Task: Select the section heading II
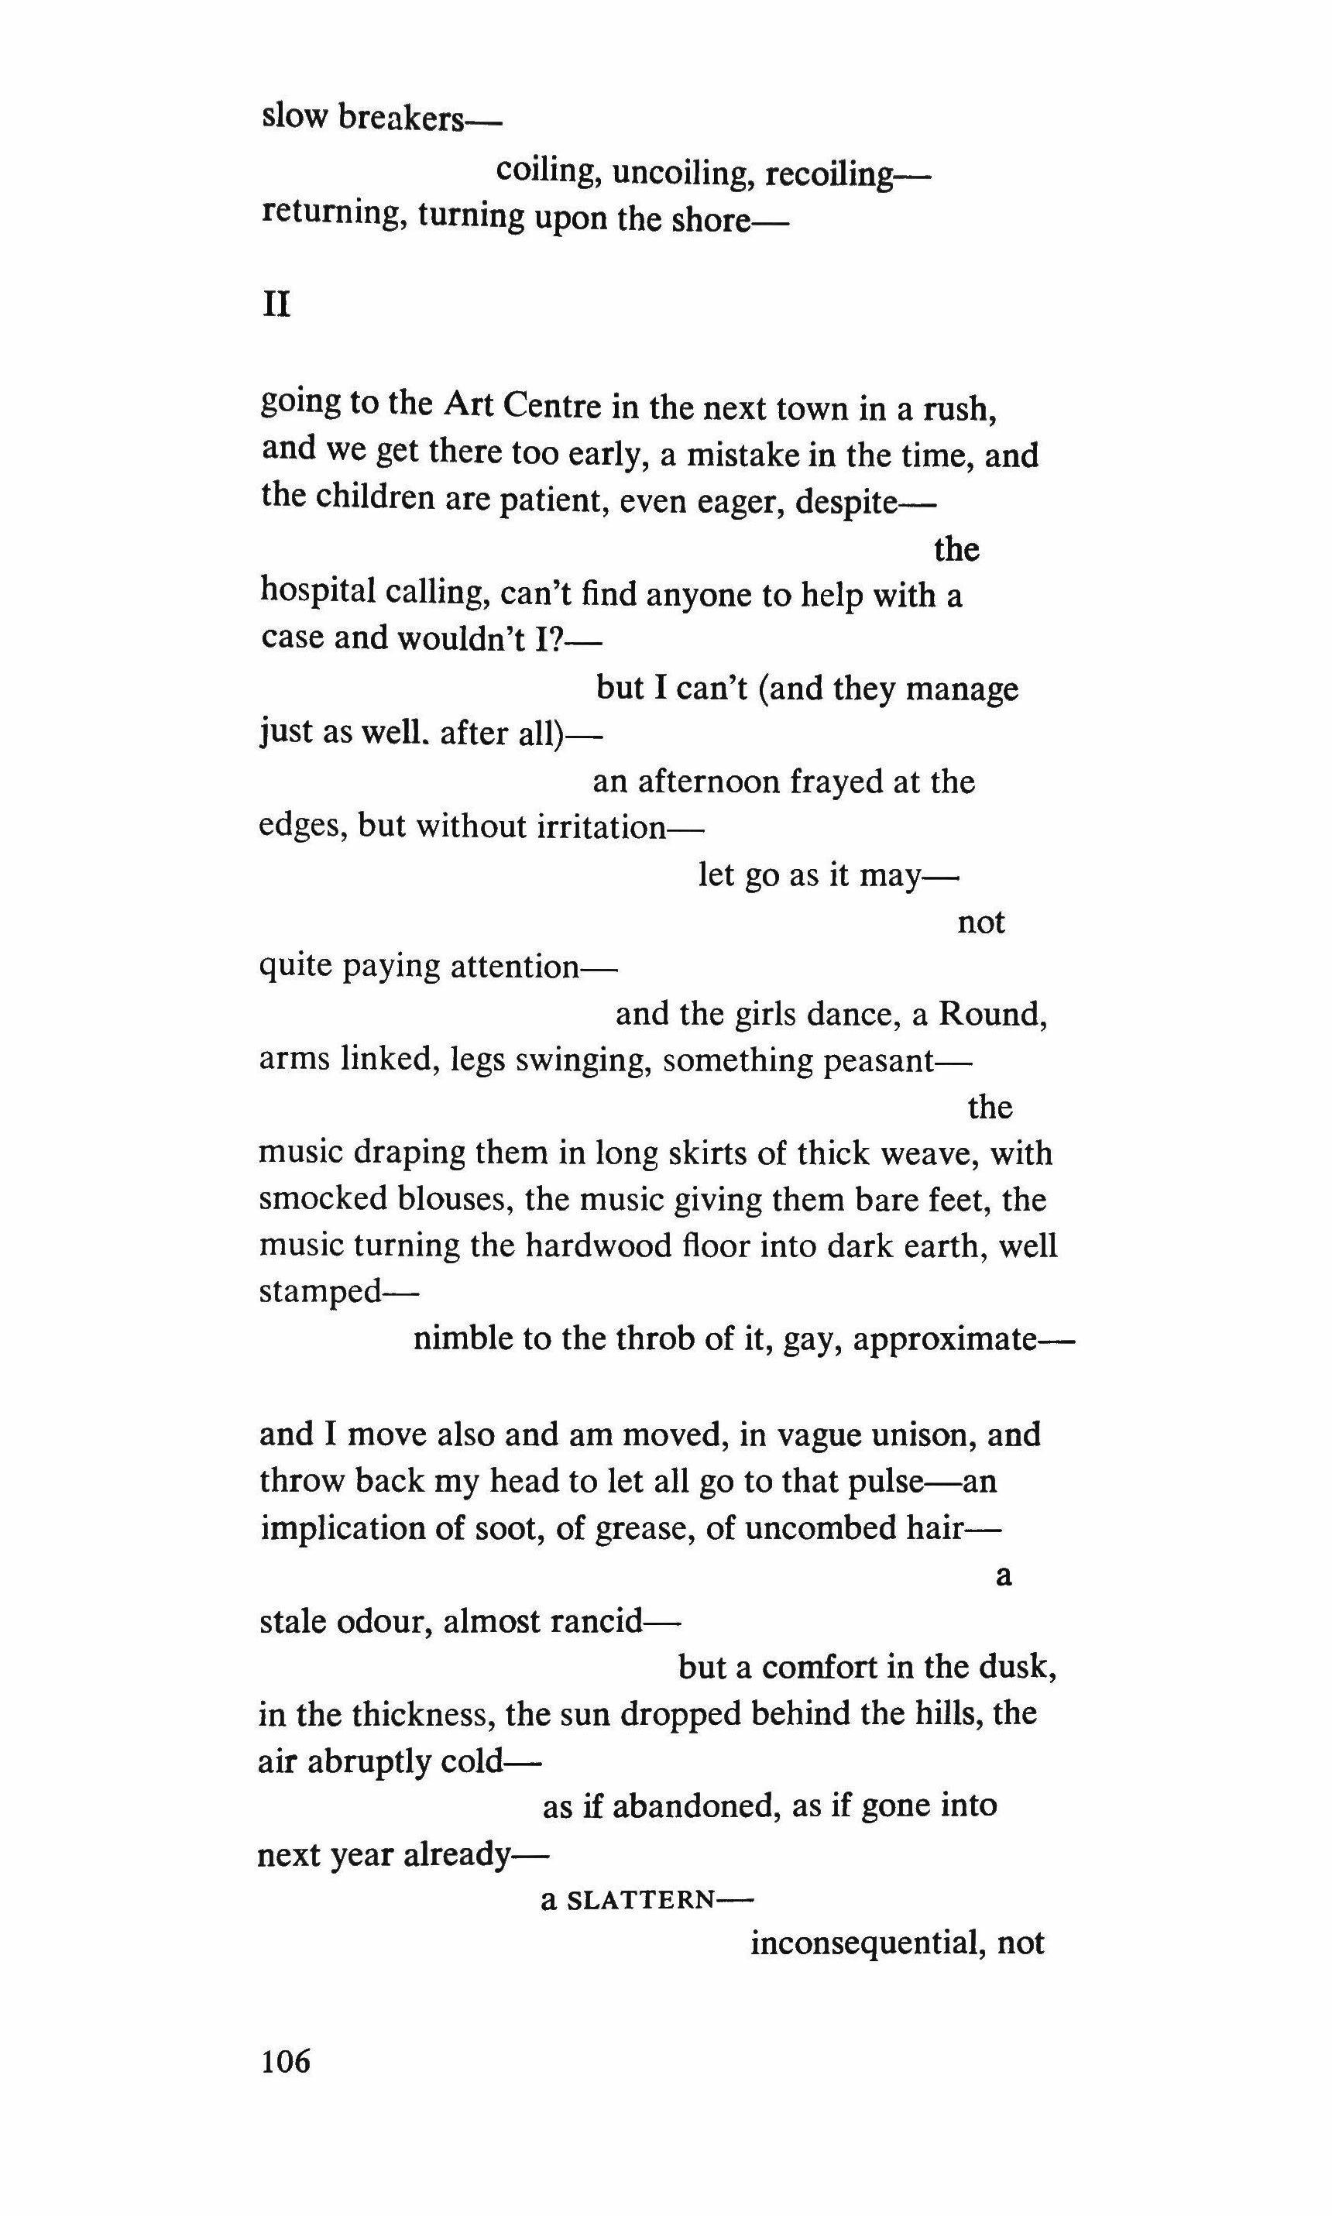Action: [x=276, y=307]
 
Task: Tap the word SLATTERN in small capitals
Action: [x=641, y=1900]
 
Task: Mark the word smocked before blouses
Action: [x=312, y=1199]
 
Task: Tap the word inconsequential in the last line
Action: [x=864, y=1944]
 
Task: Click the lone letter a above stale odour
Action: [x=1004, y=1577]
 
